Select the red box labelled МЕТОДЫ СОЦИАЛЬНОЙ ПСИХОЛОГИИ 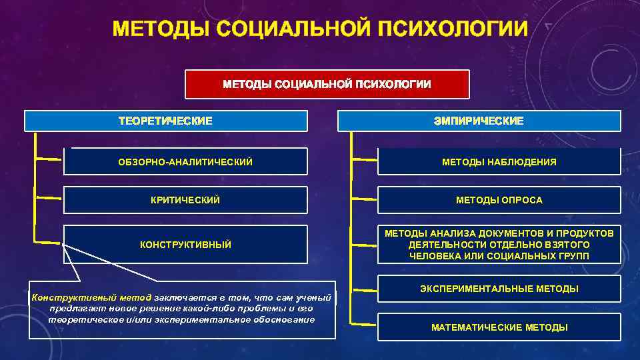327,84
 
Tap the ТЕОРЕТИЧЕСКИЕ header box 165,121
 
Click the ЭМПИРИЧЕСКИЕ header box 479,121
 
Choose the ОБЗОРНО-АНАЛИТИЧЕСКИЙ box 185,162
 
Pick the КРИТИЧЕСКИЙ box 185,200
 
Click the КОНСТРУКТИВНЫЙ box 185,245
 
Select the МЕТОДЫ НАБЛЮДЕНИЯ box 499,162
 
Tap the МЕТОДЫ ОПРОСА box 499,200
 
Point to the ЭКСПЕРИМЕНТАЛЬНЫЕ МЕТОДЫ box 499,289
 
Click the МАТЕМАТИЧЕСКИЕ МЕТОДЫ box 499,327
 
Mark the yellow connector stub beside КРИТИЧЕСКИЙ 48,198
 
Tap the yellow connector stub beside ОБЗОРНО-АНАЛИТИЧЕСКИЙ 48,159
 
